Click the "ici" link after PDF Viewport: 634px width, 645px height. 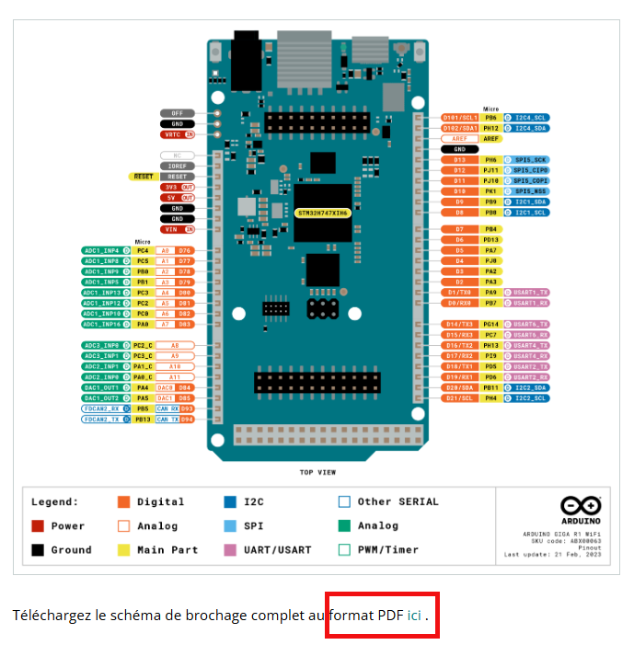pyautogui.click(x=414, y=615)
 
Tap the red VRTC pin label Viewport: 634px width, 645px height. pyautogui.click(x=178, y=134)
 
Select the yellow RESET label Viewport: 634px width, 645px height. pyautogui.click(x=143, y=176)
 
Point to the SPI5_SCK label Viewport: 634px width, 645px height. pyautogui.click(x=531, y=159)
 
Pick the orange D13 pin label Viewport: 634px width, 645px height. pyautogui.click(x=459, y=159)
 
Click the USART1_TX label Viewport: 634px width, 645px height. pyautogui.click(x=531, y=292)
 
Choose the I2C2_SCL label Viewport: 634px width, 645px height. pyautogui.click(x=531, y=398)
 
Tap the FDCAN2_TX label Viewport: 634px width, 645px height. pyautogui.click(x=100, y=419)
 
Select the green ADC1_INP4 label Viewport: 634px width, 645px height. pyautogui.click(x=101, y=249)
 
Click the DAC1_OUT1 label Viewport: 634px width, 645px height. pyautogui.click(x=101, y=387)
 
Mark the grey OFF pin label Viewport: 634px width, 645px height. pyautogui.click(x=178, y=113)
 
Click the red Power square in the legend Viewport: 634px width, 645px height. pyautogui.click(x=38, y=526)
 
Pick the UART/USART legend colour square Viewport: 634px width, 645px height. pyautogui.click(x=230, y=550)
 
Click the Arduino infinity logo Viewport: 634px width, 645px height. pyautogui.click(x=581, y=505)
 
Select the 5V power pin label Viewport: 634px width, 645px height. pyautogui.click(x=178, y=197)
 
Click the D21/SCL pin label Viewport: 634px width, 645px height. pyautogui.click(x=459, y=398)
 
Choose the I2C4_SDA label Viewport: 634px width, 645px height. pyautogui.click(x=531, y=128)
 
